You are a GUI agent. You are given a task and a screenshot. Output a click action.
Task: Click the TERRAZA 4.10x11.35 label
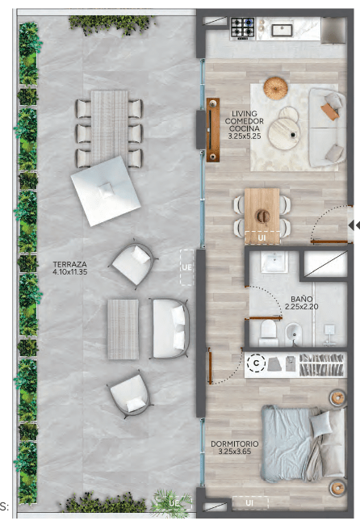70,268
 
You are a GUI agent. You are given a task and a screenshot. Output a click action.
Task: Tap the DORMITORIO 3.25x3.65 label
235,447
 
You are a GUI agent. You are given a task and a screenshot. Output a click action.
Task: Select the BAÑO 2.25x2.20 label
301,302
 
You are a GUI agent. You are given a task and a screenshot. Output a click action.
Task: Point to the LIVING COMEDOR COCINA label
245,121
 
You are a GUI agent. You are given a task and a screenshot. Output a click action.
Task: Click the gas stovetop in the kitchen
243,28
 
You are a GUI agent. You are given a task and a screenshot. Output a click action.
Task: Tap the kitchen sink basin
282,31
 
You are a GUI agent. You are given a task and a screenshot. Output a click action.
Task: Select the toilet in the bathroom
269,333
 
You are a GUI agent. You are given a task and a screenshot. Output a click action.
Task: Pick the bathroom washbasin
274,261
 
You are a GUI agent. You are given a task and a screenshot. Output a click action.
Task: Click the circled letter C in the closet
257,363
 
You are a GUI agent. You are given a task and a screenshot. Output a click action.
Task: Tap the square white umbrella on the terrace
106,191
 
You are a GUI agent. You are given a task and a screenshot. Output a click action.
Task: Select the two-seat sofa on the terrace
170,328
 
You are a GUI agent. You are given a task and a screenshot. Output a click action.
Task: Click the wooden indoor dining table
262,216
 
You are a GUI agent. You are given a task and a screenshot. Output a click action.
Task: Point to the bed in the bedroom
303,443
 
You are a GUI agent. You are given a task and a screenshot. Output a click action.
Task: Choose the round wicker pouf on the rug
275,88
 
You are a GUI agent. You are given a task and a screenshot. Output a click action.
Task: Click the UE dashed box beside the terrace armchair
186,267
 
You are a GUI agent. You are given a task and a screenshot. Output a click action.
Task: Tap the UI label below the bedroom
249,502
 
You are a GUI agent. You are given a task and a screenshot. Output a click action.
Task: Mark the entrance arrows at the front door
354,225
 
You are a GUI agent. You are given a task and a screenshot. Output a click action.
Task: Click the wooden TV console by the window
213,130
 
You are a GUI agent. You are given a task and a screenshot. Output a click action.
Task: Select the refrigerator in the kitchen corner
333,30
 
